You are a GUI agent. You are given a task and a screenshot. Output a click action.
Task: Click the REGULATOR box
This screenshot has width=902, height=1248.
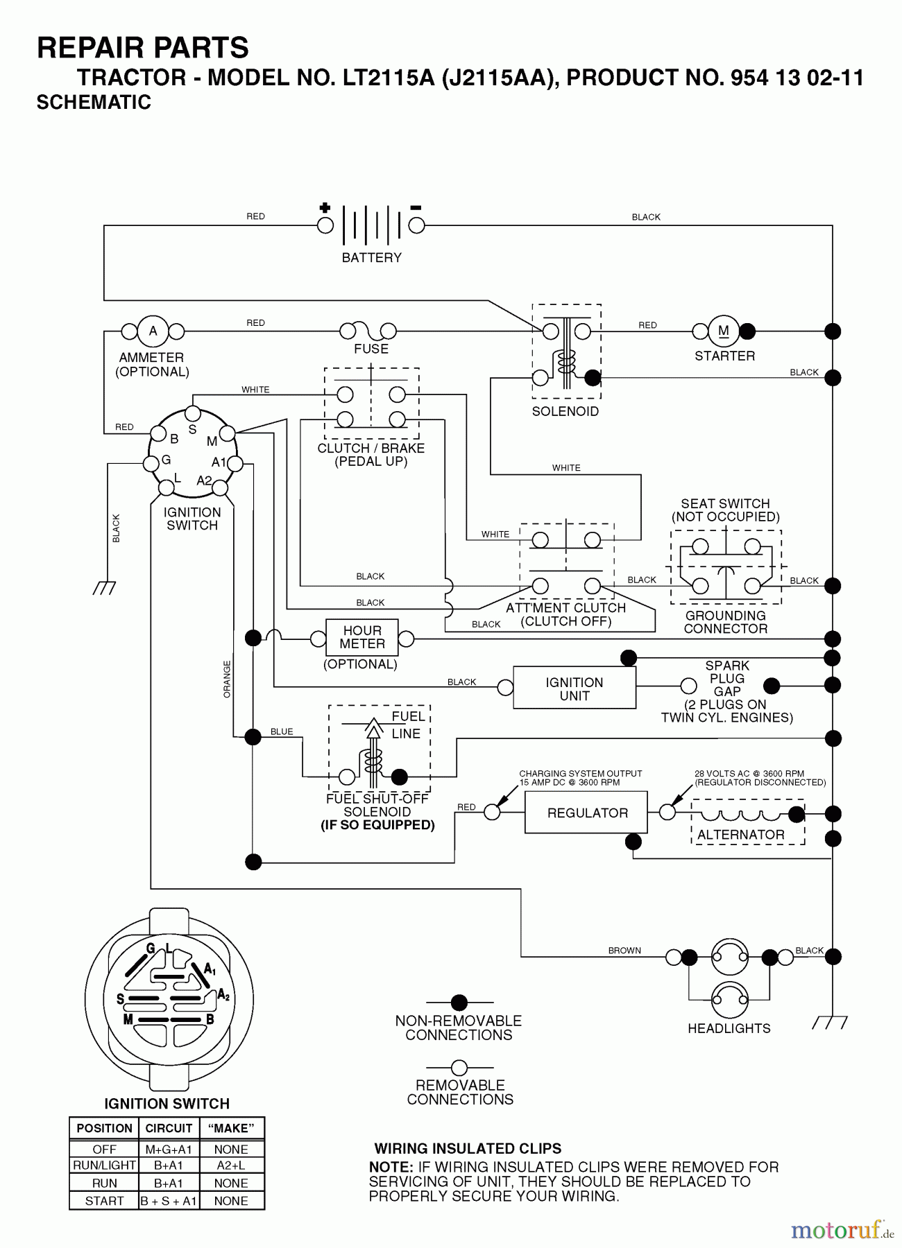click(586, 813)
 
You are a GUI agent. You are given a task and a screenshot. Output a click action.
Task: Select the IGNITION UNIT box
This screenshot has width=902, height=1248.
click(574, 688)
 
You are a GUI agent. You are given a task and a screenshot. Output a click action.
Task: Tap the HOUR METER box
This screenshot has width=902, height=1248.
click(361, 637)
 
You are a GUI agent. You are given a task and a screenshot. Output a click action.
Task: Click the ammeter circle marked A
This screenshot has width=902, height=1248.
click(153, 331)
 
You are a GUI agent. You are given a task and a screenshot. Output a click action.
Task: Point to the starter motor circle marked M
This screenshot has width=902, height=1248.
click(723, 331)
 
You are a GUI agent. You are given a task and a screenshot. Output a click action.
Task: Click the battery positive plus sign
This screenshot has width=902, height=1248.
click(325, 207)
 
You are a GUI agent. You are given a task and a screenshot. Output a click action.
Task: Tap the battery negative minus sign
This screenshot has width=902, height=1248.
click(416, 207)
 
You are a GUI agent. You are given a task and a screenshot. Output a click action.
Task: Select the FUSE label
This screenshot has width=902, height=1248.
click(371, 349)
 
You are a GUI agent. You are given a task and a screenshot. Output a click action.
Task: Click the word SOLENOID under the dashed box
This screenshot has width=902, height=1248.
click(565, 411)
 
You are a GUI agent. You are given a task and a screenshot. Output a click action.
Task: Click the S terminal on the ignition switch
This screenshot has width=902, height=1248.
click(193, 415)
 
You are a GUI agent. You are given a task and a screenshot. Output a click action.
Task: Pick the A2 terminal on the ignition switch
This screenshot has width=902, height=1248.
click(220, 488)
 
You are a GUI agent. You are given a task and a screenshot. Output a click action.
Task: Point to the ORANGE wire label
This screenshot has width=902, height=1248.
click(227, 679)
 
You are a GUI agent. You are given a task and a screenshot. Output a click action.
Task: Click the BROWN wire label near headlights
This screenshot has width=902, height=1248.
click(624, 951)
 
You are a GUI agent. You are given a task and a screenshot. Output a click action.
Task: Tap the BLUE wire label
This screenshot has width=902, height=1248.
click(282, 731)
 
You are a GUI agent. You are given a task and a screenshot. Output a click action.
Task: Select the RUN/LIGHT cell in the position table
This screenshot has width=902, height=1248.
click(104, 1165)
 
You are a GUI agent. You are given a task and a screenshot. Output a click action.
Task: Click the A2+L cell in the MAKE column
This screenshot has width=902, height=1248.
click(231, 1165)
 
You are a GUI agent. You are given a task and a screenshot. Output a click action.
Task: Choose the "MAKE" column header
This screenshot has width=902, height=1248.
click(231, 1128)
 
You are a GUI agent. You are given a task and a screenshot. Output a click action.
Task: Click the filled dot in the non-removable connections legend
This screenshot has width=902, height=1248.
click(459, 1003)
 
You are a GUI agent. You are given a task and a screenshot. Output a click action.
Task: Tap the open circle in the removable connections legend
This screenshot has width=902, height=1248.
click(459, 1067)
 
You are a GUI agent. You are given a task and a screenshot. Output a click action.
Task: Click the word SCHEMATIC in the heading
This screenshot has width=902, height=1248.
click(94, 102)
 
